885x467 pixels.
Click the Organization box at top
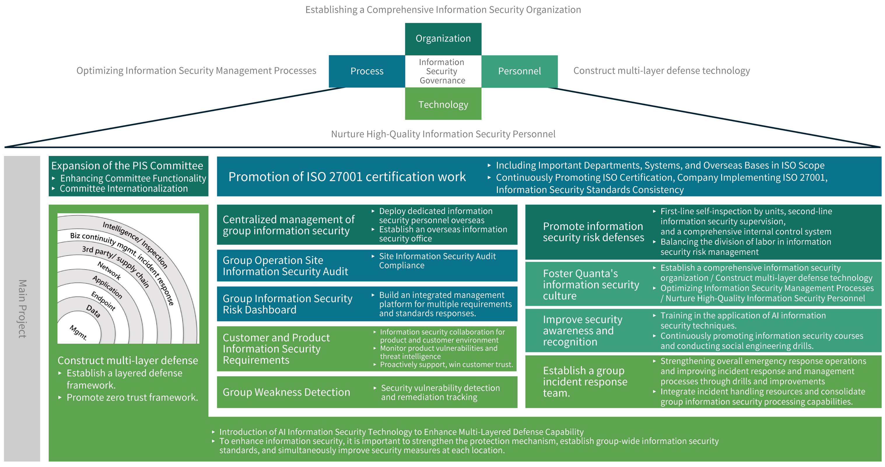tap(443, 38)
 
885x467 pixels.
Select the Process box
tap(367, 71)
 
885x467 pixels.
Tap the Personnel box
tap(519, 71)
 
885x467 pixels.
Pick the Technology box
tap(443, 104)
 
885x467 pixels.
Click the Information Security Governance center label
tap(442, 71)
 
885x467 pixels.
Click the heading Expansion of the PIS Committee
tap(127, 166)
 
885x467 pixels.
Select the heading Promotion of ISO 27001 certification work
tap(347, 176)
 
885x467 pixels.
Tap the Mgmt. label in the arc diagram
tap(78, 332)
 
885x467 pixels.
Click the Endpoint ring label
tap(103, 301)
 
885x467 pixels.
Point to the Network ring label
tap(109, 270)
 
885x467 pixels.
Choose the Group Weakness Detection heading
tap(286, 392)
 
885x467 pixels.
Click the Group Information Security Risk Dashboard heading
tap(287, 304)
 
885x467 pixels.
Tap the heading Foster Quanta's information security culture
tap(590, 284)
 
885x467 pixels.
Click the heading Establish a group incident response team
tap(585, 382)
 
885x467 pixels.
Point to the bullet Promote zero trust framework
tap(132, 397)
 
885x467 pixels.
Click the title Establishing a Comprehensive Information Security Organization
tap(443, 10)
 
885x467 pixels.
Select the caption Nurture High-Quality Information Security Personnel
tap(443, 134)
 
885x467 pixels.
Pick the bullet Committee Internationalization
tap(124, 189)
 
